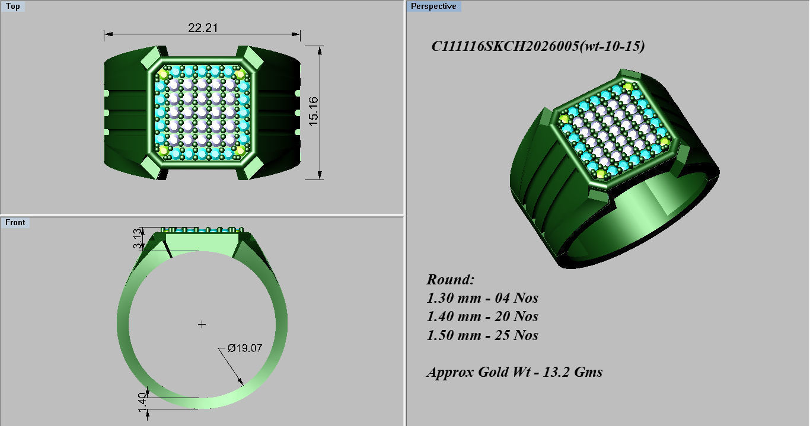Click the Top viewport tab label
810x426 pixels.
[12, 7]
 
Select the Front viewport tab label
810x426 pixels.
[15, 222]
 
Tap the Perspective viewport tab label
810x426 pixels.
[433, 7]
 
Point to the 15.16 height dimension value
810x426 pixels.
[313, 111]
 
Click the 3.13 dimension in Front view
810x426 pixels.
[137, 239]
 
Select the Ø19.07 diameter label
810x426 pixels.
[245, 348]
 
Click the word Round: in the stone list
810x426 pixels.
[451, 280]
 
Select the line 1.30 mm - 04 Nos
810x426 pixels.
[482, 298]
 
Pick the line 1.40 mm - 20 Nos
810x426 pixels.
[482, 316]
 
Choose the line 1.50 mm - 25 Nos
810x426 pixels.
[482, 335]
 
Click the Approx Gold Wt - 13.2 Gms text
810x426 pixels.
[514, 372]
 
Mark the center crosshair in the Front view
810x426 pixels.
[202, 324]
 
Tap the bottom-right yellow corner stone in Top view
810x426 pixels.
[240, 150]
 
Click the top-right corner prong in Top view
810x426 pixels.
[251, 57]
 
